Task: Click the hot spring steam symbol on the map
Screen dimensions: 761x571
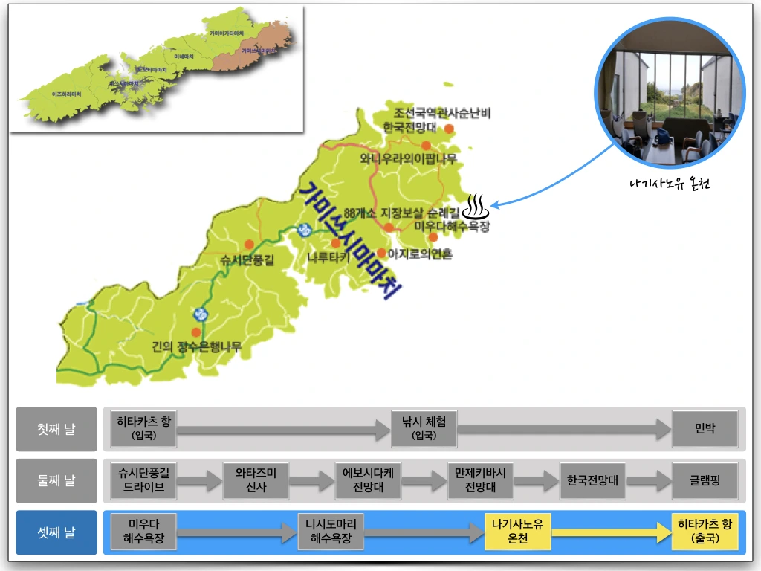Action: click(x=477, y=202)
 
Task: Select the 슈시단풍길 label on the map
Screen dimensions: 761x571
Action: click(x=247, y=259)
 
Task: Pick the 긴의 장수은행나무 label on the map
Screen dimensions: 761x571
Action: click(x=196, y=346)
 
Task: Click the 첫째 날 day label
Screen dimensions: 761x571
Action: click(x=56, y=429)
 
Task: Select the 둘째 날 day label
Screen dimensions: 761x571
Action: click(x=56, y=480)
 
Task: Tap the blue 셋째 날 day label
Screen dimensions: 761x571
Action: click(x=56, y=532)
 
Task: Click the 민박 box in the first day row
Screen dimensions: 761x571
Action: click(x=705, y=429)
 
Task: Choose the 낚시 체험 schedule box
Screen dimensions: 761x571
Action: click(x=424, y=429)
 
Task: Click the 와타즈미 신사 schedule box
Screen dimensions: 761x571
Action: click(x=256, y=480)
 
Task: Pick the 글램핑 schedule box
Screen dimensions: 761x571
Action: click(x=705, y=480)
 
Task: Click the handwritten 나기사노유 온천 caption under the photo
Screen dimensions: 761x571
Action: click(x=669, y=184)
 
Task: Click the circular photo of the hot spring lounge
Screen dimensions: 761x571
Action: click(x=669, y=93)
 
